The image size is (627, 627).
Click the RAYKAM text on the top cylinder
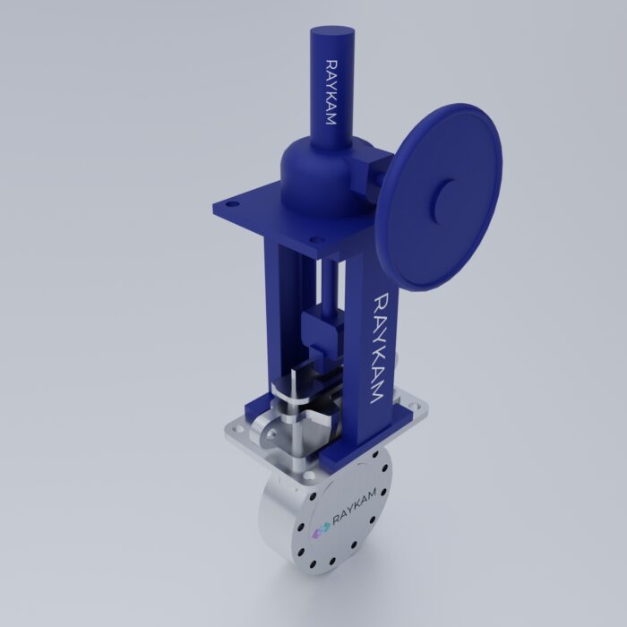pos(331,91)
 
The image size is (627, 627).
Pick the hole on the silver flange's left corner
pos(235,433)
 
